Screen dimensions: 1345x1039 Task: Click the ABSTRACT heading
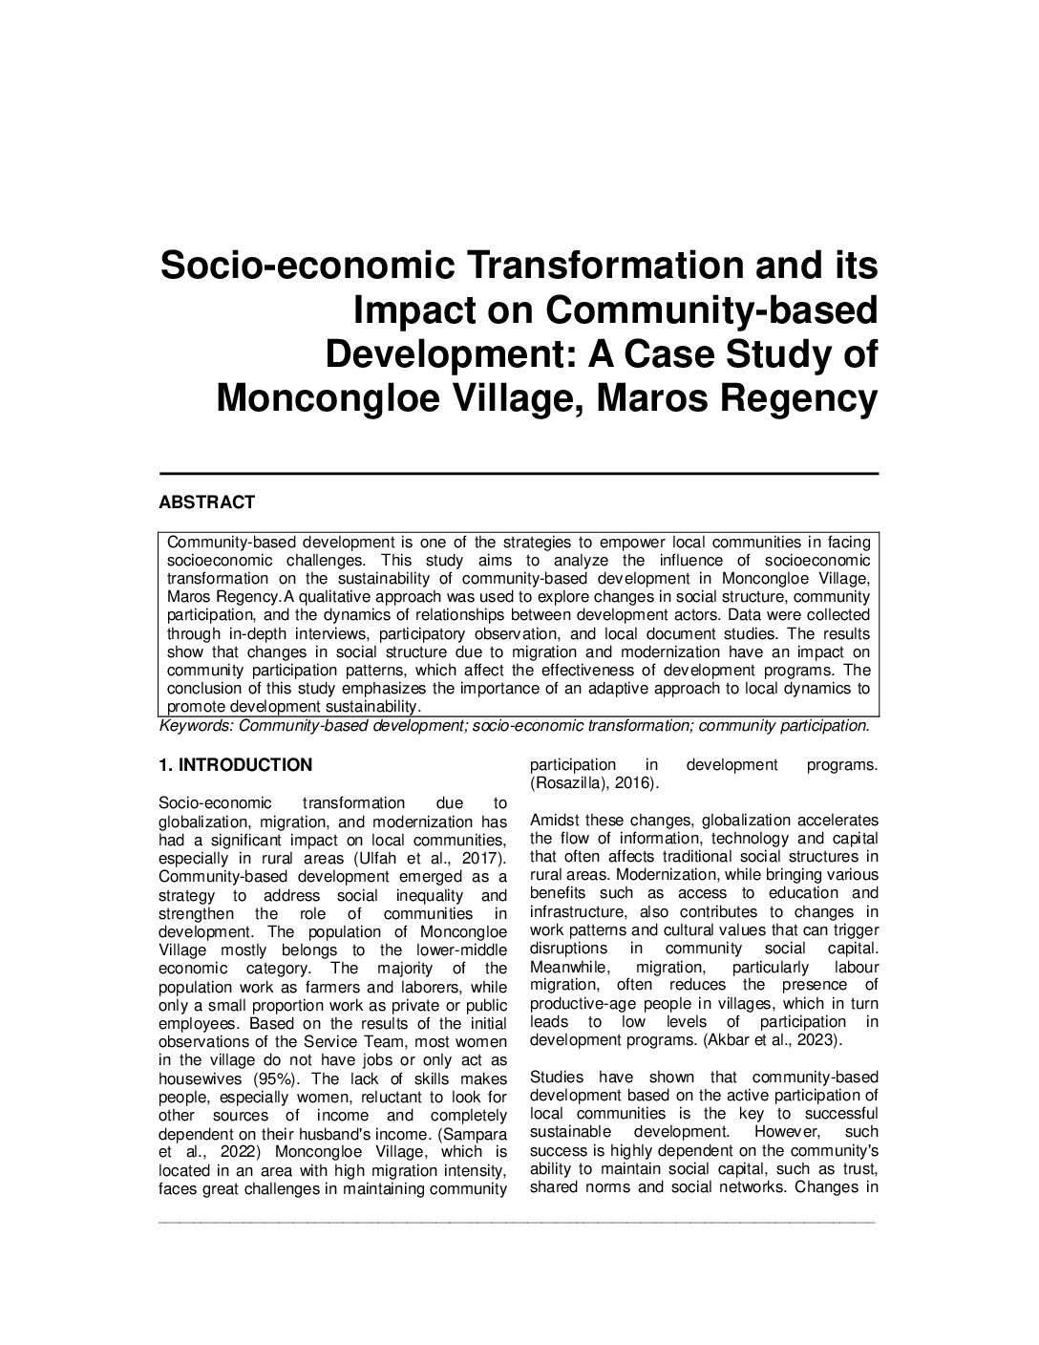point(206,502)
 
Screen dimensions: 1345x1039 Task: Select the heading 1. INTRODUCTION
point(235,765)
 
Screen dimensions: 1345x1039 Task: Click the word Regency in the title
point(808,397)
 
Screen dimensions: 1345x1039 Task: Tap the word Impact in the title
point(413,310)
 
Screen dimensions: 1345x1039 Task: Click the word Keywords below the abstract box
point(196,726)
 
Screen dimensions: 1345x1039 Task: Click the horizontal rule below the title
point(518,473)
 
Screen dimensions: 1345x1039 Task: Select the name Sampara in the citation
point(476,1134)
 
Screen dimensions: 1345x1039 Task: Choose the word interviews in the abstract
point(322,633)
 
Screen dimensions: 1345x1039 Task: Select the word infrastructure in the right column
point(574,912)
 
